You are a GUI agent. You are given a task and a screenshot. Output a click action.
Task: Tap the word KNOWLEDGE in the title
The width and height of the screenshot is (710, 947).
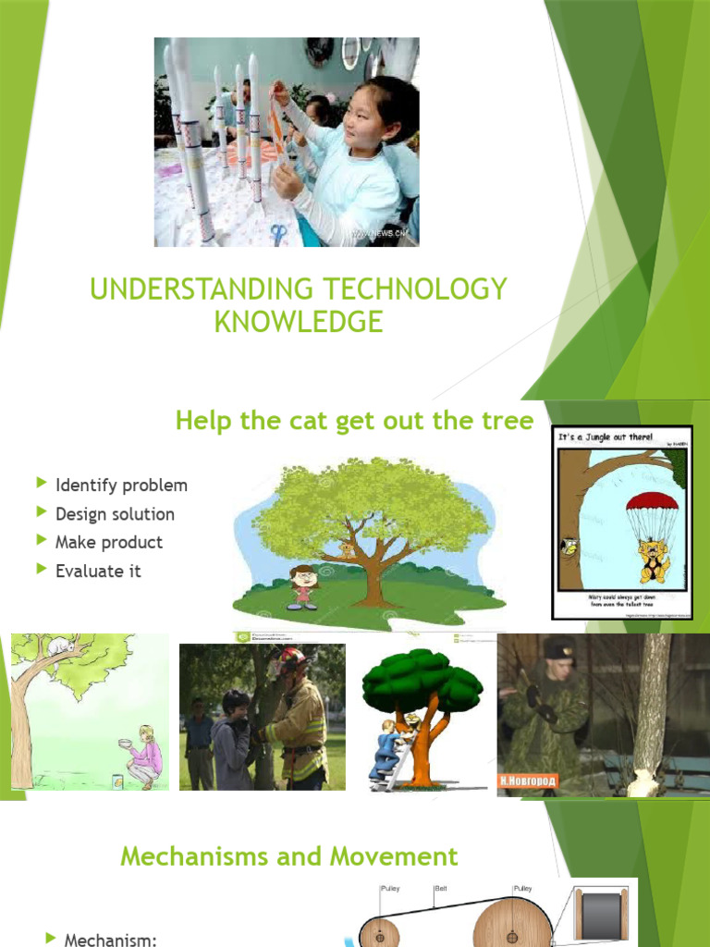[x=299, y=322]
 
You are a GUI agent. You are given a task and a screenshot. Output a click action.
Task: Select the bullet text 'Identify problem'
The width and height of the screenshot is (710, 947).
[x=121, y=486]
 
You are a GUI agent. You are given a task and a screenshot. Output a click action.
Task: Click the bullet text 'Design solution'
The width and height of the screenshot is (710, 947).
[x=115, y=514]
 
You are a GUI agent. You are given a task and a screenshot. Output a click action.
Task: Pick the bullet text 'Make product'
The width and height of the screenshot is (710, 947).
[x=109, y=543]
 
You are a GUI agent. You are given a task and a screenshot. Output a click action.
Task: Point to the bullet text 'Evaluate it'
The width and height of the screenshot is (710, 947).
[x=98, y=572]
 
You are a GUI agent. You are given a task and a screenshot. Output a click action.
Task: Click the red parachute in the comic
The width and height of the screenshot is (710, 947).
[x=652, y=505]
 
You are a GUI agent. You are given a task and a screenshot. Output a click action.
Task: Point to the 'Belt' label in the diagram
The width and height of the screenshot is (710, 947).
[x=441, y=889]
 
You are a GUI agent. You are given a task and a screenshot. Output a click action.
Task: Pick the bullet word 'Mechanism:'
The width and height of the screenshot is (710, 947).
[x=110, y=940]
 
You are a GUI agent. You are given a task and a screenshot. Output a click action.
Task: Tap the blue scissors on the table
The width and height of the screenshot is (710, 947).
[x=278, y=233]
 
